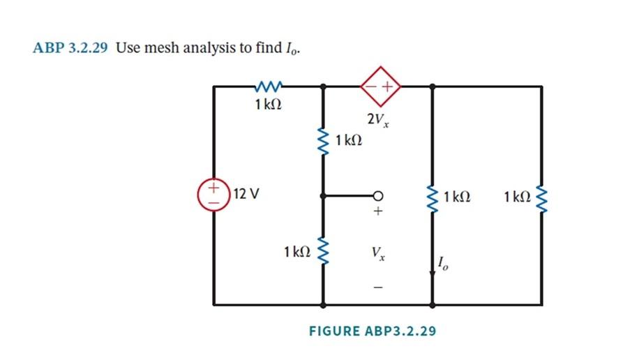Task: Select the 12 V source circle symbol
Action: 214,193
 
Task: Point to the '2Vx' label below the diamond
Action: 379,120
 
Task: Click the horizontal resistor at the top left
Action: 268,87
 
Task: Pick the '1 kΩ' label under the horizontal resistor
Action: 268,105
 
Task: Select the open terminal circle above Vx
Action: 378,195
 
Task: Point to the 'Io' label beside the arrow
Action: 444,263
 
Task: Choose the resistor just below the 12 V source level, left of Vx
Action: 323,250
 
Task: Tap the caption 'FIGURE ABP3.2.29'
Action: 372,331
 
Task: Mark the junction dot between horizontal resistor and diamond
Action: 323,87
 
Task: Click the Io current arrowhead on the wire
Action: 433,274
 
